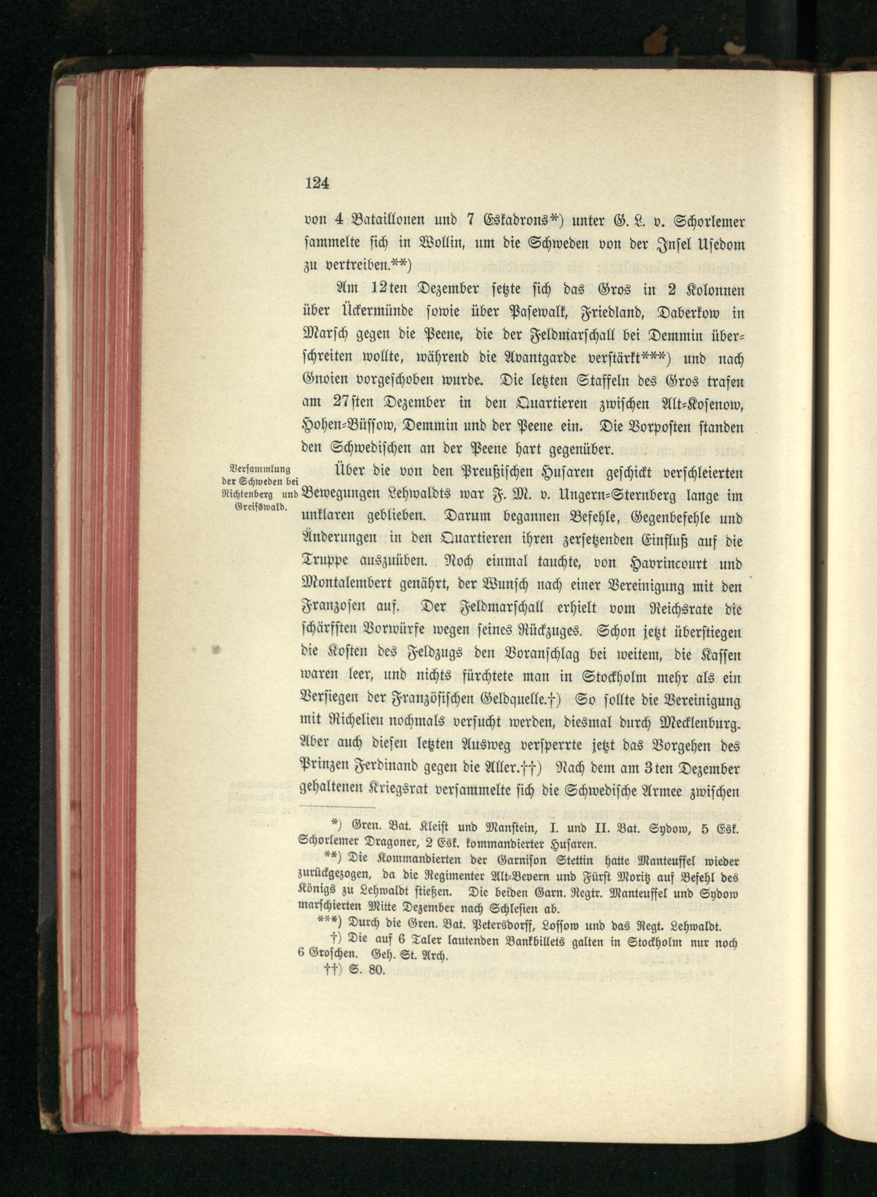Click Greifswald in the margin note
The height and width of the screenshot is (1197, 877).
coord(260,506)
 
